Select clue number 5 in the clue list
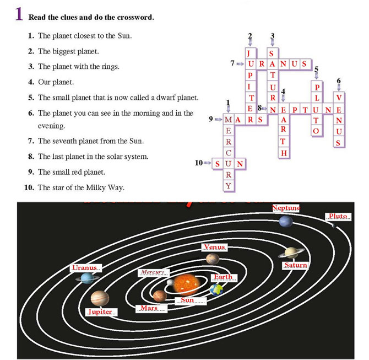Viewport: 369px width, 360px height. pyautogui.click(x=31, y=98)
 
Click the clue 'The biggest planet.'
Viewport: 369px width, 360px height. pyautogui.click(x=68, y=51)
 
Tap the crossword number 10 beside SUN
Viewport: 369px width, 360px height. pyautogui.click(x=199, y=163)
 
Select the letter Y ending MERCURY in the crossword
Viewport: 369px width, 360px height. pyautogui.click(x=228, y=186)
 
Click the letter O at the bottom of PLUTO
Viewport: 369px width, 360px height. pyautogui.click(x=316, y=131)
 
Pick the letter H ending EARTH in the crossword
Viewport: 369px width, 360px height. pyautogui.click(x=283, y=153)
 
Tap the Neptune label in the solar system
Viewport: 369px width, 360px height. pyautogui.click(x=286, y=208)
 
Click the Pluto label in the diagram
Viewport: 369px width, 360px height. pyautogui.click(x=338, y=216)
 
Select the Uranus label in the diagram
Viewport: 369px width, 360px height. pyautogui.click(x=86, y=268)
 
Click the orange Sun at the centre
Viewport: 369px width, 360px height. pyautogui.click(x=188, y=283)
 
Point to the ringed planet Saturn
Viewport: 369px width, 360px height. pyautogui.click(x=291, y=252)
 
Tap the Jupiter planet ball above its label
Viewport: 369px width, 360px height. pyautogui.click(x=100, y=298)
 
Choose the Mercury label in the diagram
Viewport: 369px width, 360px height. pyautogui.click(x=153, y=272)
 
